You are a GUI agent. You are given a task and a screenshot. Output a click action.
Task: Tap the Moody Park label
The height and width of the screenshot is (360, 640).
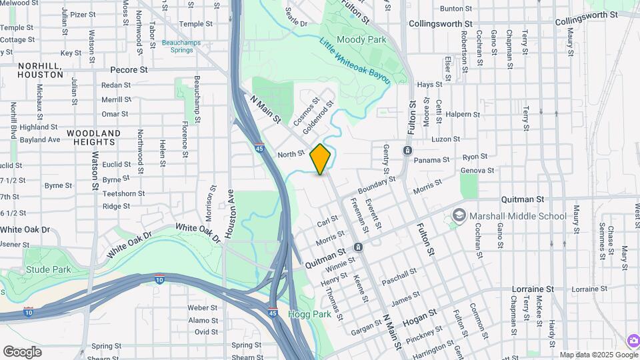361,40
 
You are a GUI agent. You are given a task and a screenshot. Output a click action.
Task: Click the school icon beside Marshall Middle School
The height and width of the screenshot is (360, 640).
459,215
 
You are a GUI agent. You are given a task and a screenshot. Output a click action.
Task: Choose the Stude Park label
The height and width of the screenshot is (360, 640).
49,270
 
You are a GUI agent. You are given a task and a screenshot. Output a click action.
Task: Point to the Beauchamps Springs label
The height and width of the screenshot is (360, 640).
177,46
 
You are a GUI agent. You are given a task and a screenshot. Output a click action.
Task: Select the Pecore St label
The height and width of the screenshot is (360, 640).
129,69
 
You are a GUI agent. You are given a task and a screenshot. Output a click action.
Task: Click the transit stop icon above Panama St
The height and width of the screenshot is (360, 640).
407,151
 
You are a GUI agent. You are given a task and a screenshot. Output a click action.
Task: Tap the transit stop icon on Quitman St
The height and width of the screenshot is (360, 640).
358,247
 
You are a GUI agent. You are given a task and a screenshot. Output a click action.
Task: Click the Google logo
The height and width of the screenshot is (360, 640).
22,352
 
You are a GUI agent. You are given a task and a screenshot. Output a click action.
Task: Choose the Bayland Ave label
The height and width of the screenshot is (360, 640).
40,140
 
